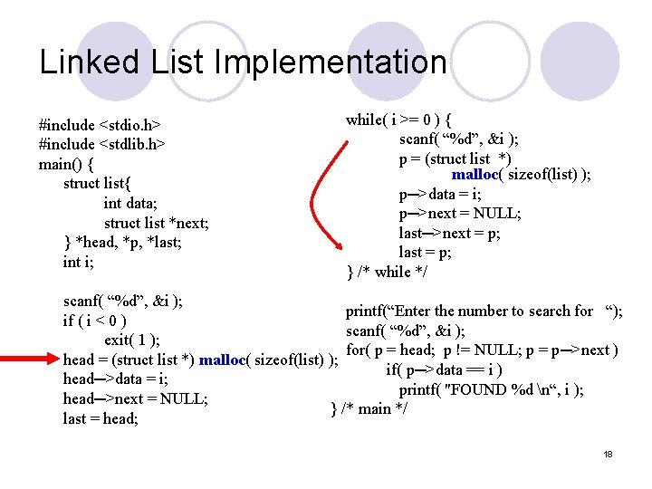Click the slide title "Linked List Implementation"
243,62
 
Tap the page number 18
609,454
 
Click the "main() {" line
66,164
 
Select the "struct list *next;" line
156,223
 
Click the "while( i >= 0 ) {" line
399,120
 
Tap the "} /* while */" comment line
388,272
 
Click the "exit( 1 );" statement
132,340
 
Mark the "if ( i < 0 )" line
94,321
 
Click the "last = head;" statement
100,418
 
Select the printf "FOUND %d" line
491,389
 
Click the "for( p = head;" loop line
482,350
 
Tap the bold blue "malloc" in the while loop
483,175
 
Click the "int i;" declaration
78,263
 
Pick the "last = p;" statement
426,253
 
